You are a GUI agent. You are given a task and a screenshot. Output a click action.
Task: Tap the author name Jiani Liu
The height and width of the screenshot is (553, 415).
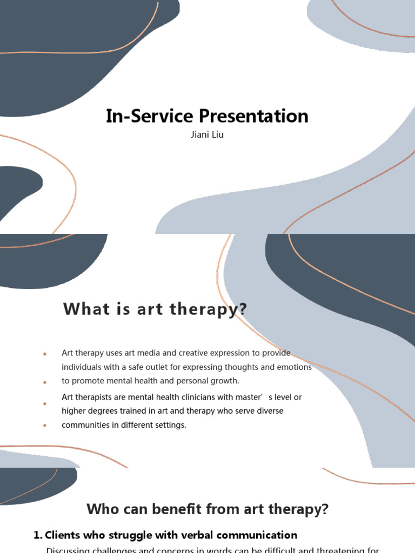point(207,135)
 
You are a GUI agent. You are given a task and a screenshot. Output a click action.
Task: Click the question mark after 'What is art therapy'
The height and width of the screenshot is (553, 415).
point(243,309)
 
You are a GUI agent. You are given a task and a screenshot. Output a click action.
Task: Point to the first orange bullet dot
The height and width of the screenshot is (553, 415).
point(45,354)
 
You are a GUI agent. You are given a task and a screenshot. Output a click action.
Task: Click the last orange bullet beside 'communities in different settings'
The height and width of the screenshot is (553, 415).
point(45,426)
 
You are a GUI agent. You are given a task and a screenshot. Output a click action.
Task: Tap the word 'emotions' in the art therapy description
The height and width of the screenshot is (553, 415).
point(294,367)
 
